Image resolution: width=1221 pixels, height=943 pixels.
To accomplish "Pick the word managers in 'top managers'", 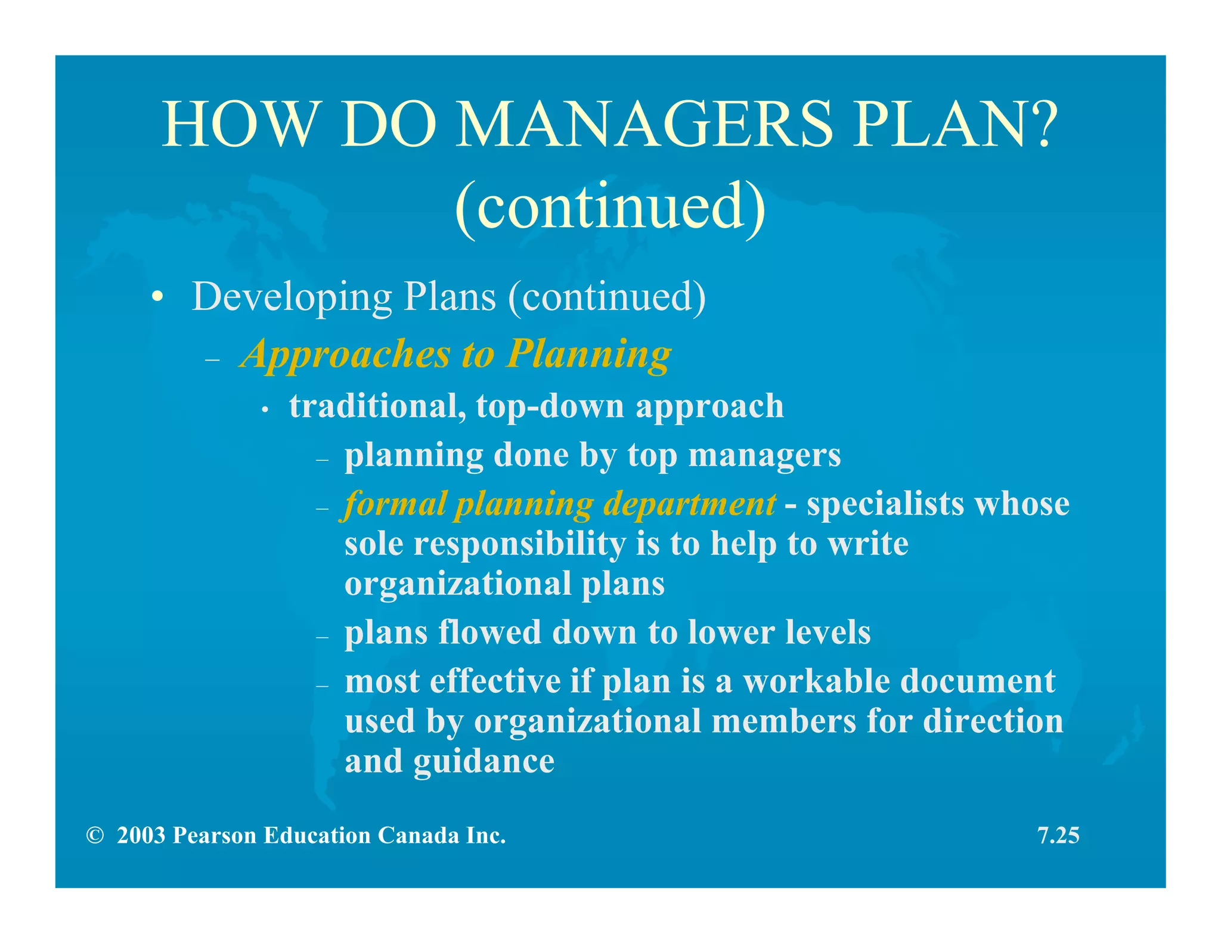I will click(x=764, y=455).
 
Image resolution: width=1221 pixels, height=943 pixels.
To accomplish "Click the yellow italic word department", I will click(x=690, y=504).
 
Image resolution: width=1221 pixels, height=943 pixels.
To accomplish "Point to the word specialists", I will click(x=885, y=504).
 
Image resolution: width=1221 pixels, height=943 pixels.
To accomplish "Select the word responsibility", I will click(x=519, y=544).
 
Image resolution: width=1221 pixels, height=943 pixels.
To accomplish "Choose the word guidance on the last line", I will click(x=484, y=761).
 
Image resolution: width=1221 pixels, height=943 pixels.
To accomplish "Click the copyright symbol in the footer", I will click(x=94, y=836).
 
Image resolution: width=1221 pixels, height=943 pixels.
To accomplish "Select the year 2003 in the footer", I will click(x=141, y=836).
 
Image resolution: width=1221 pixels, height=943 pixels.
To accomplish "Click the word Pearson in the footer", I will click(x=215, y=836).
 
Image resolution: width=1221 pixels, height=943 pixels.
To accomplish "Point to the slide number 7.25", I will click(x=1058, y=836).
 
